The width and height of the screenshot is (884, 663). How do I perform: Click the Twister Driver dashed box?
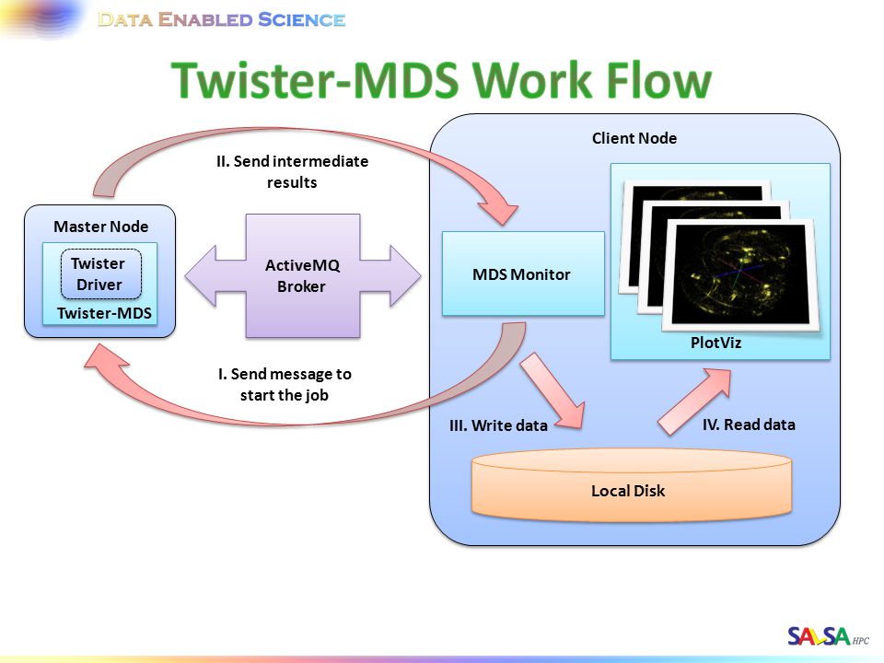point(101,273)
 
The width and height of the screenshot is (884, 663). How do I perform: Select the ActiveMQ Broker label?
point(302,275)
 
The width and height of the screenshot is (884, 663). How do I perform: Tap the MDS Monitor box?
point(523,273)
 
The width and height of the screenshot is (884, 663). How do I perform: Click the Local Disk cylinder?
point(632,484)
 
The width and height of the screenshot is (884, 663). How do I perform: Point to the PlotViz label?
point(715,343)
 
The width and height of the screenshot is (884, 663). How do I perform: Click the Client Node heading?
point(634,138)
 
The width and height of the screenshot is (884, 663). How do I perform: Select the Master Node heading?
point(101,227)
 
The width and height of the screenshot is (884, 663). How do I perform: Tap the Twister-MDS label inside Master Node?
point(104,313)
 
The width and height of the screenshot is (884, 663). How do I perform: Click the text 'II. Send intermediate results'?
point(292,172)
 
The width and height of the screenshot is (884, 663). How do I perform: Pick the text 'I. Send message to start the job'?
point(285,385)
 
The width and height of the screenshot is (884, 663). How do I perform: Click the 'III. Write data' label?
point(498,425)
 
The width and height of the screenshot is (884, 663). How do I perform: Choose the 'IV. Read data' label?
point(749,425)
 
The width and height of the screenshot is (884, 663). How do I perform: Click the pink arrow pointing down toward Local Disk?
point(552,390)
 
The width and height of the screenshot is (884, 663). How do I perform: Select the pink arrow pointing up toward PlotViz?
point(694,401)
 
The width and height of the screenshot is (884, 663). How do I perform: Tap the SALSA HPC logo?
point(828,636)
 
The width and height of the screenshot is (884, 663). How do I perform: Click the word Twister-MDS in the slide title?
point(315,80)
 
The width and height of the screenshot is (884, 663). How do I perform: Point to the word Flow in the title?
point(659,80)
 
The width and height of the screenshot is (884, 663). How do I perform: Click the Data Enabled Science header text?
point(222,19)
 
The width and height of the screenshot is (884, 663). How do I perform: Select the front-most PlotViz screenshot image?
point(740,274)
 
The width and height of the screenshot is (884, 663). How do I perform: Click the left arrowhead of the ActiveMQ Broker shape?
point(202,275)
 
